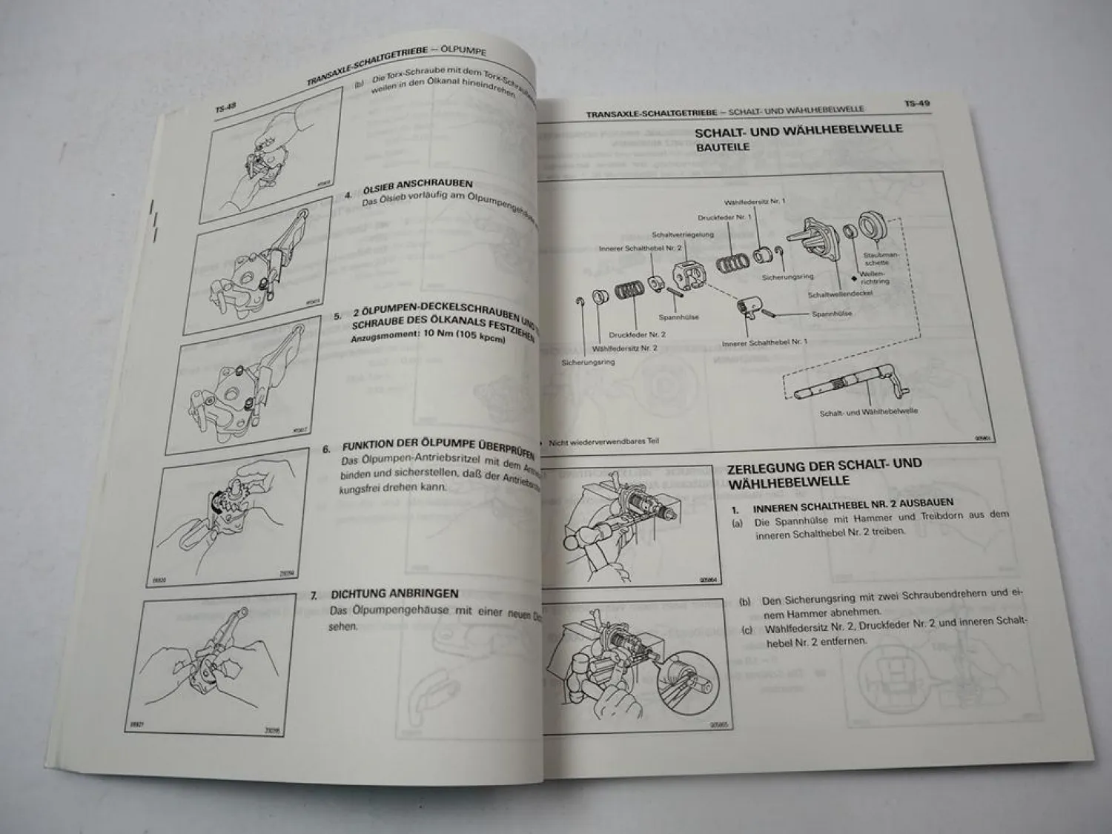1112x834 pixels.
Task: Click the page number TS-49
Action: (x=916, y=104)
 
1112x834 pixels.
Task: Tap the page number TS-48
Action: (x=225, y=109)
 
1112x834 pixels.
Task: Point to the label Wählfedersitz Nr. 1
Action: (x=755, y=202)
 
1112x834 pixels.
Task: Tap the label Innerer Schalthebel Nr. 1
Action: (x=764, y=342)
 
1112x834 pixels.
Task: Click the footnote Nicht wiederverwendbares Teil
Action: (x=603, y=441)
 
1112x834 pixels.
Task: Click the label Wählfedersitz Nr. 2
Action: (x=624, y=348)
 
